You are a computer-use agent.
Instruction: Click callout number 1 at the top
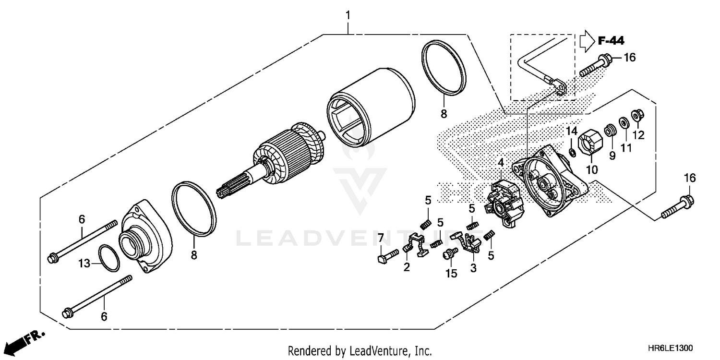pos(348,15)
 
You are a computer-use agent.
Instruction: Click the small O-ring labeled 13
pos(109,258)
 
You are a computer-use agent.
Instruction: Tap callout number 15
pos(451,273)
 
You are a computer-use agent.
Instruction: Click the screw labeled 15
pos(450,254)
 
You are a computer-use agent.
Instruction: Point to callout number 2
pos(407,267)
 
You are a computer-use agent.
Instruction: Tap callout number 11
pos(625,148)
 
